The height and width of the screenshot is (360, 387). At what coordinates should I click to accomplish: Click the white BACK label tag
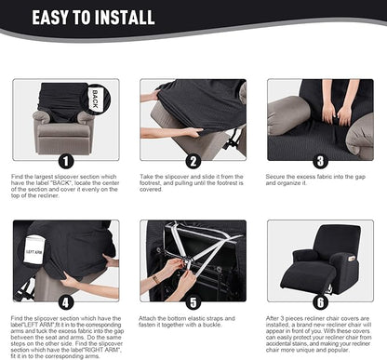point(96,98)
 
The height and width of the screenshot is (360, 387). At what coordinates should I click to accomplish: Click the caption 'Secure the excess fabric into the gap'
point(320,179)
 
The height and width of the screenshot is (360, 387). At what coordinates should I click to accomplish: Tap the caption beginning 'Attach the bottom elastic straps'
point(193,319)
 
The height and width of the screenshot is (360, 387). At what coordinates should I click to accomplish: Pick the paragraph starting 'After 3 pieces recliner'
point(320,332)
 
